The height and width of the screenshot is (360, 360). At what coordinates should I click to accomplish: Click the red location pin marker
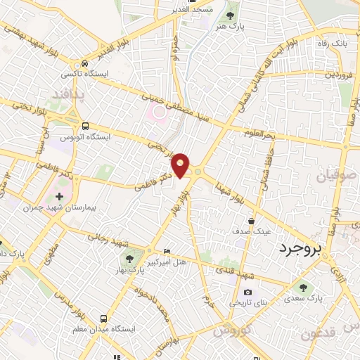coord(181,165)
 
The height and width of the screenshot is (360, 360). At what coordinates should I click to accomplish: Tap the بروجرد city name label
coord(304,248)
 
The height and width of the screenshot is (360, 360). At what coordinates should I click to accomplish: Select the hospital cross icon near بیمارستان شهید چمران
coord(59,196)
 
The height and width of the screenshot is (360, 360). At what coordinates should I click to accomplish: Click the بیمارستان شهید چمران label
coord(53,208)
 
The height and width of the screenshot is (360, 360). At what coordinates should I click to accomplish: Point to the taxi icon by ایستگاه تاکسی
coord(84,63)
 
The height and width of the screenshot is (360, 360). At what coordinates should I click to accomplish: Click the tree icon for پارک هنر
coord(229,15)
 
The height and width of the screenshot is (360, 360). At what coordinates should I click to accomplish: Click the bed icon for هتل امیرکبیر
coord(167,252)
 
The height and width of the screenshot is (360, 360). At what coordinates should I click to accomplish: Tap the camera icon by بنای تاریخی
coord(247,292)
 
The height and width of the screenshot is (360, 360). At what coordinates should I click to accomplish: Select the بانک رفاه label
coord(331,45)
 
